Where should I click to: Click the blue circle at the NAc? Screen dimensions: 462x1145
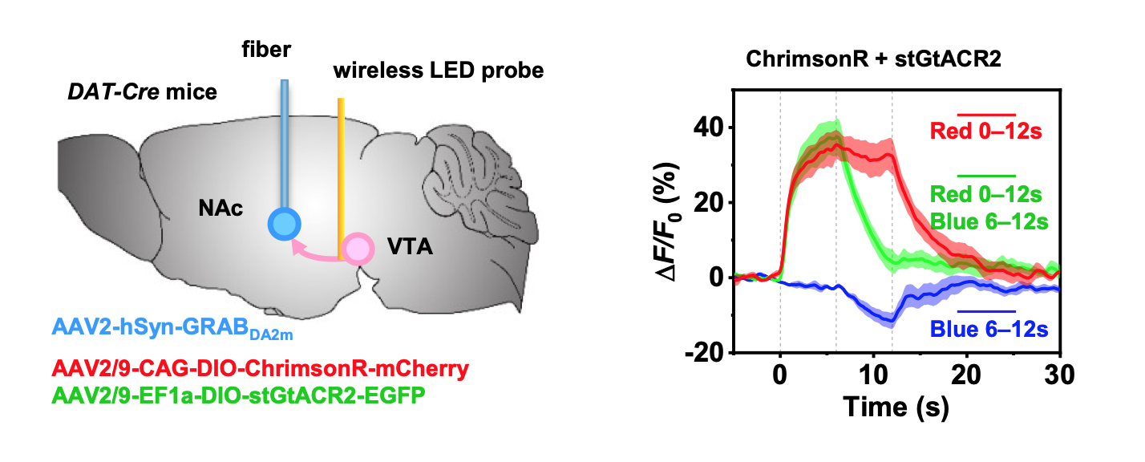(284, 224)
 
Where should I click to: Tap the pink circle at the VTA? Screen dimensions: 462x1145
(357, 249)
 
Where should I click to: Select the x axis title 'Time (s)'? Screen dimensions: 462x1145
(896, 407)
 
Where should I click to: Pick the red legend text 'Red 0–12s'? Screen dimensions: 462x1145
(985, 131)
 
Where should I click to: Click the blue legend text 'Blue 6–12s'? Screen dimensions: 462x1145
(988, 328)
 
